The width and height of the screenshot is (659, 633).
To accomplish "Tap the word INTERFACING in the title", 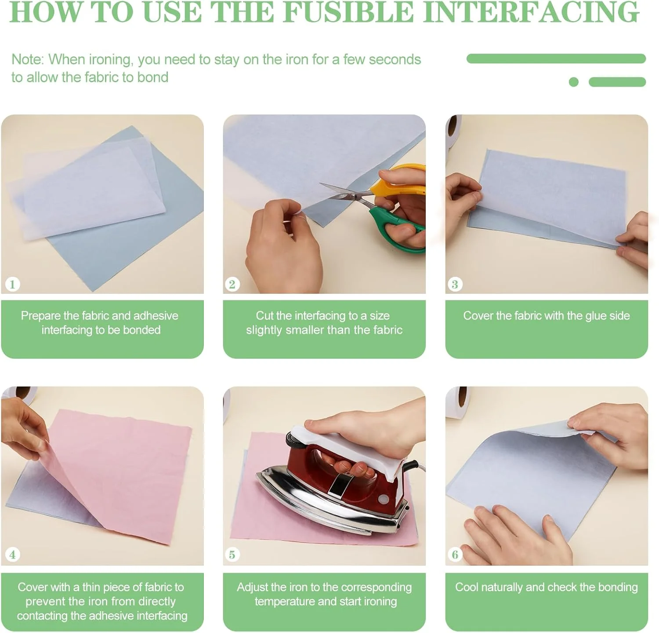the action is (x=531, y=12).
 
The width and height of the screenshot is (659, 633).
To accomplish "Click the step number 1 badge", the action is (x=12, y=284).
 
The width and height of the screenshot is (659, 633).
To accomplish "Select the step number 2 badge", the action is (x=232, y=284).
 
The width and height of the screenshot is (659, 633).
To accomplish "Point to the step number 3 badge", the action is (x=455, y=284).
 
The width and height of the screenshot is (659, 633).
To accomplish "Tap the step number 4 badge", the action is (x=12, y=554).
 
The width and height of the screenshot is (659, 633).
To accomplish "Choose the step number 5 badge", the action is (x=232, y=554).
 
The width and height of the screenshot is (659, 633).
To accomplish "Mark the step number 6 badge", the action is (x=455, y=554).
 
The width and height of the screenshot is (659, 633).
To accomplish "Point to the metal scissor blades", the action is (x=345, y=193).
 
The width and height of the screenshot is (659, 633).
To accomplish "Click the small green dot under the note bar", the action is (x=573, y=82).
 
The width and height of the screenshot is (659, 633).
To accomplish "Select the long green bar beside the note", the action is (x=556, y=59).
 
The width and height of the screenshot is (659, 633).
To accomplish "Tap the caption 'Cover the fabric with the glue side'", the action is (x=547, y=315).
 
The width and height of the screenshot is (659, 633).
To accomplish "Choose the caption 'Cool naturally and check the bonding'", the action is (x=547, y=587).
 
